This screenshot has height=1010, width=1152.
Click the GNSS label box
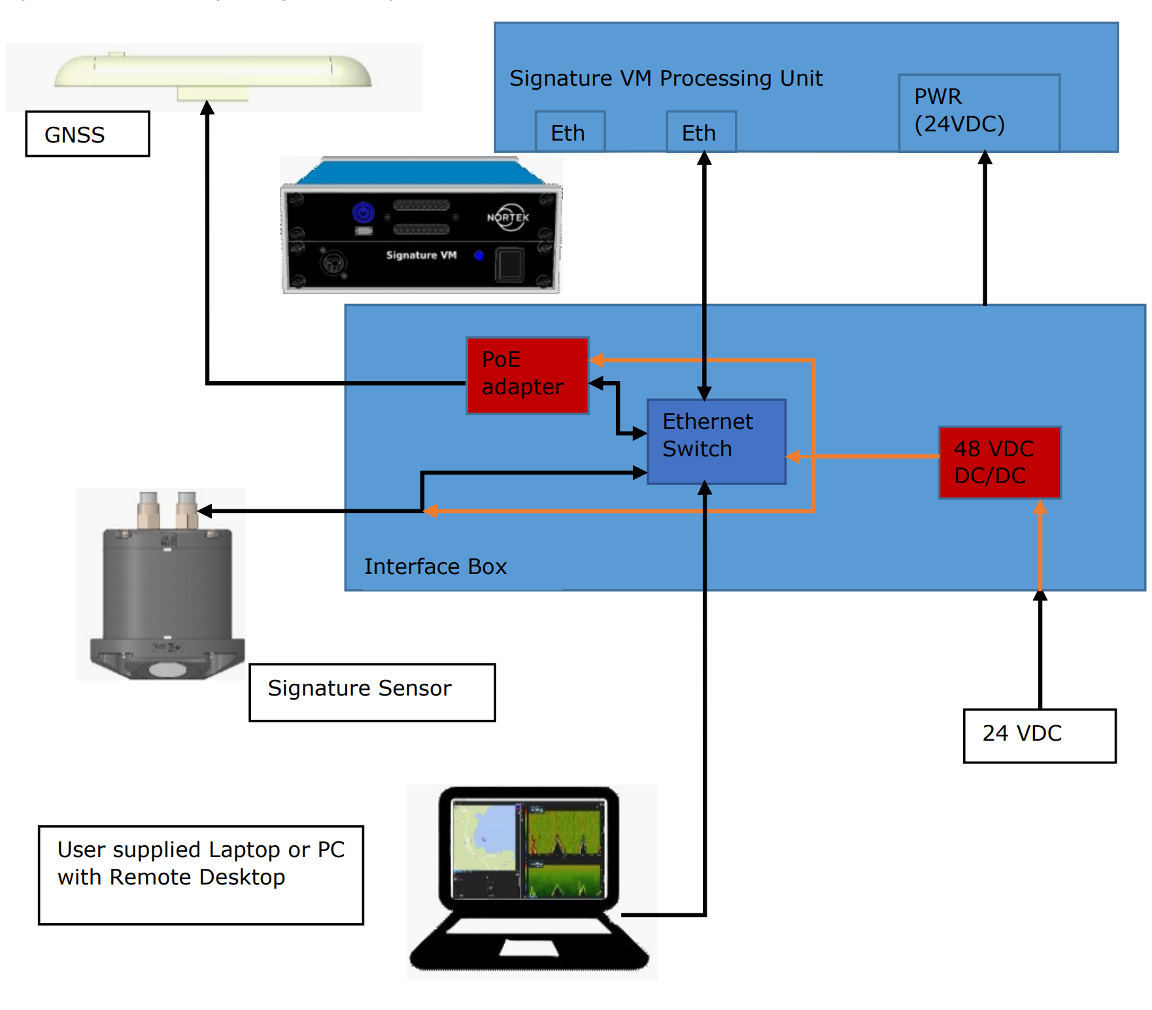point(88,134)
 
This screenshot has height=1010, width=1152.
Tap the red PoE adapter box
point(528,375)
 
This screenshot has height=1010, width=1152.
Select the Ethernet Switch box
point(716,441)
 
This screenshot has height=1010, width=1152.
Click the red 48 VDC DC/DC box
point(999,462)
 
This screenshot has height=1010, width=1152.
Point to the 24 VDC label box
point(1039,735)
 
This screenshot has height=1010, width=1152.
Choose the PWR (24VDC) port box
point(978,112)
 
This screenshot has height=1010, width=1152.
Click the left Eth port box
point(569,132)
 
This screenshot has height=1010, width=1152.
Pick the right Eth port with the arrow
point(701,132)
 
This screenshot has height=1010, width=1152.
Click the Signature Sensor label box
point(371,692)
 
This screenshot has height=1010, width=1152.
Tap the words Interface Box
point(435,566)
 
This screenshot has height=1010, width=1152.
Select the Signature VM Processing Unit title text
point(666,78)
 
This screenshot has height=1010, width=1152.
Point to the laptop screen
point(529,850)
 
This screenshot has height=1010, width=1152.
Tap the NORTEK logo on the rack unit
point(508,217)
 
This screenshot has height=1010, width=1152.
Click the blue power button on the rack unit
point(364,212)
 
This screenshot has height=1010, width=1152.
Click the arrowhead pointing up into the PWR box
point(985,158)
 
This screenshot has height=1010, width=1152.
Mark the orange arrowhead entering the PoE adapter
point(596,360)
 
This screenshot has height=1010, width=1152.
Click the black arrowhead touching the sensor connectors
point(205,511)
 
